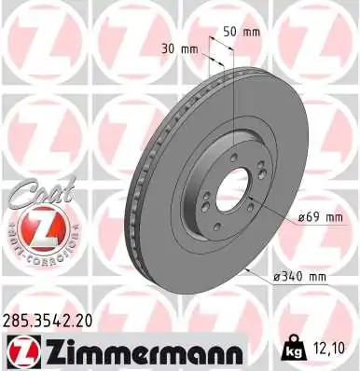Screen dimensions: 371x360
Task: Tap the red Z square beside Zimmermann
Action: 21,351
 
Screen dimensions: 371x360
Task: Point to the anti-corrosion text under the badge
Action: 38,252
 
